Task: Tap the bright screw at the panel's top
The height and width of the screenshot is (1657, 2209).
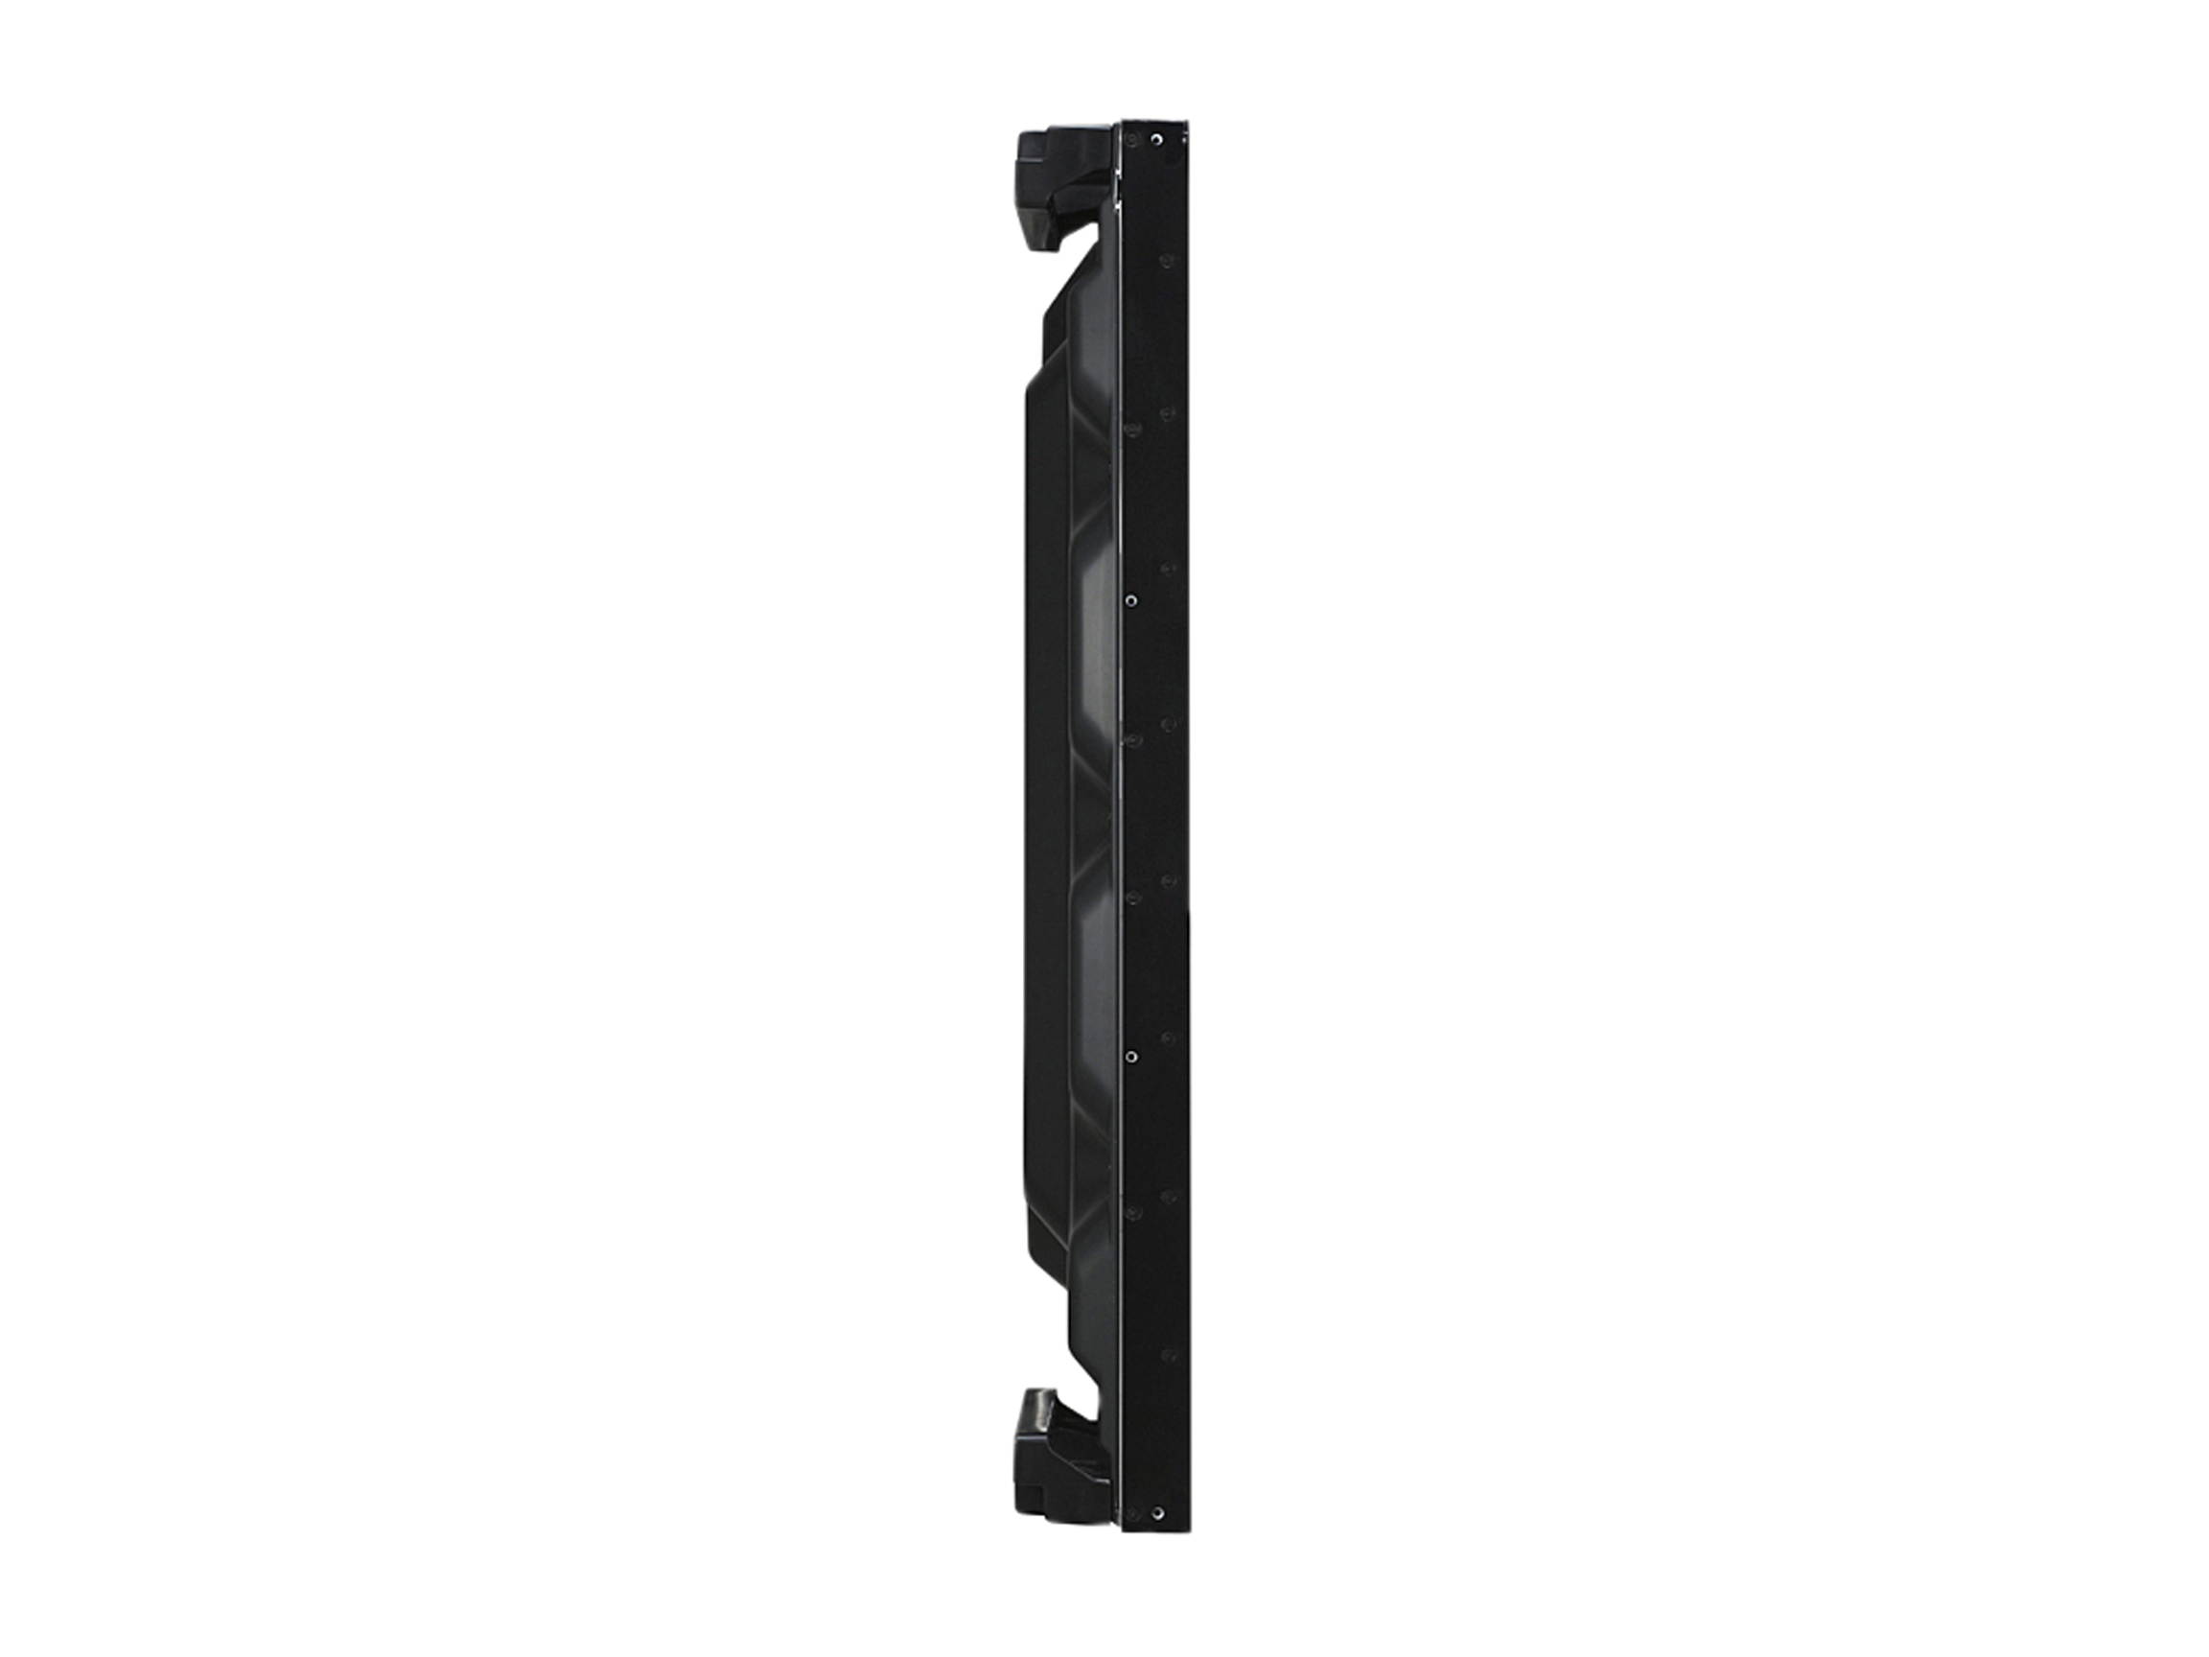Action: [1156, 141]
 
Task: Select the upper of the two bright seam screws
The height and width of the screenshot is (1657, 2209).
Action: [1130, 600]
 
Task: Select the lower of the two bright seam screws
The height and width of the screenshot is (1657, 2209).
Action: [1130, 1055]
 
